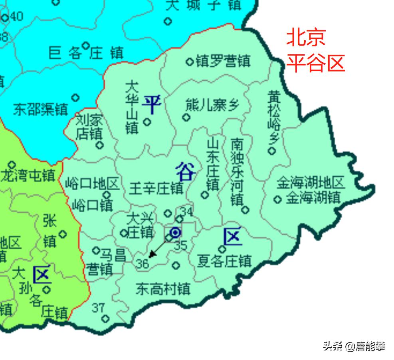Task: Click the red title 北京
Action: [x=306, y=37]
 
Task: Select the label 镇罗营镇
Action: [x=223, y=61]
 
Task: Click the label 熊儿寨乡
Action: [x=212, y=105]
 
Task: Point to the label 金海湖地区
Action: [x=311, y=183]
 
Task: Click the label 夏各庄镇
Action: [x=225, y=261]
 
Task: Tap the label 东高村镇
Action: [x=163, y=288]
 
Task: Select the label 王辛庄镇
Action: [x=156, y=188]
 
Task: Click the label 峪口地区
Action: [x=92, y=184]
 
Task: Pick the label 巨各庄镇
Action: [x=86, y=53]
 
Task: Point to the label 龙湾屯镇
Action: [x=28, y=175]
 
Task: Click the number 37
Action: [x=98, y=308]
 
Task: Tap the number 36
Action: [x=142, y=263]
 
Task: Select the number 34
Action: [x=186, y=211]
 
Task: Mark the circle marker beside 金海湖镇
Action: [x=277, y=199]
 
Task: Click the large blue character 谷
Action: [x=186, y=172]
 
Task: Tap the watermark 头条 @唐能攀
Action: [x=354, y=346]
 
